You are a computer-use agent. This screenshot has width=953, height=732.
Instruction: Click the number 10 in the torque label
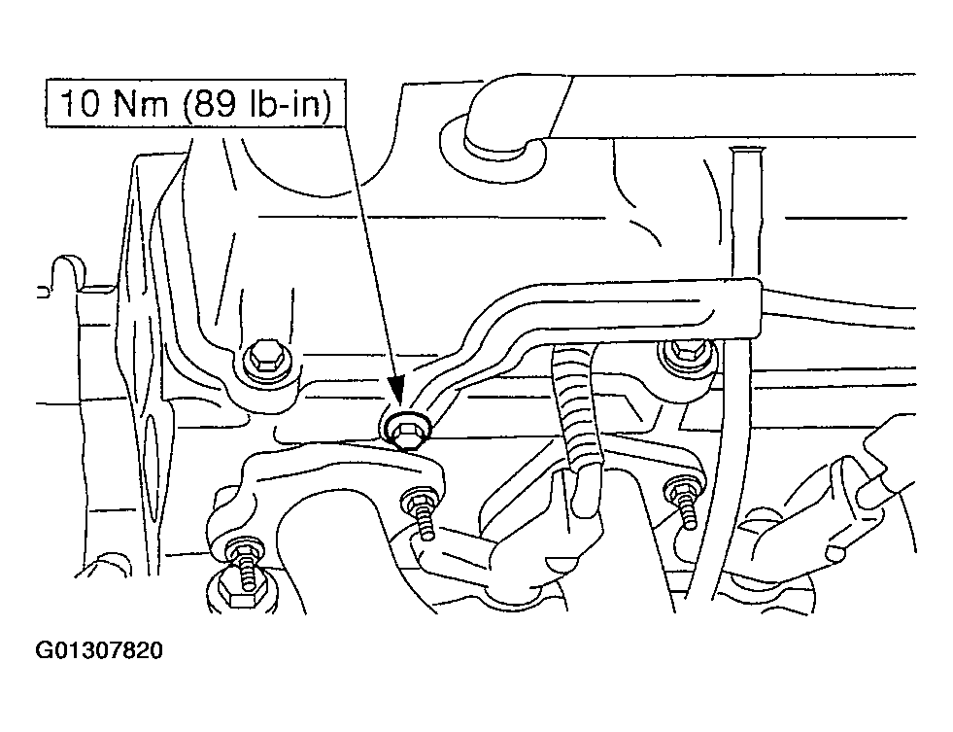[80, 103]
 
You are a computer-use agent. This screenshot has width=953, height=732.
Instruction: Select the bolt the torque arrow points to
[407, 431]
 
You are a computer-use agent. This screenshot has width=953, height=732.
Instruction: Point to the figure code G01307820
[99, 650]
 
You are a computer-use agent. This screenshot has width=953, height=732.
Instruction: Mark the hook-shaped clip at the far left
[66, 271]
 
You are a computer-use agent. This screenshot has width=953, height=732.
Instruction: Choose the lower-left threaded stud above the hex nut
[245, 563]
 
